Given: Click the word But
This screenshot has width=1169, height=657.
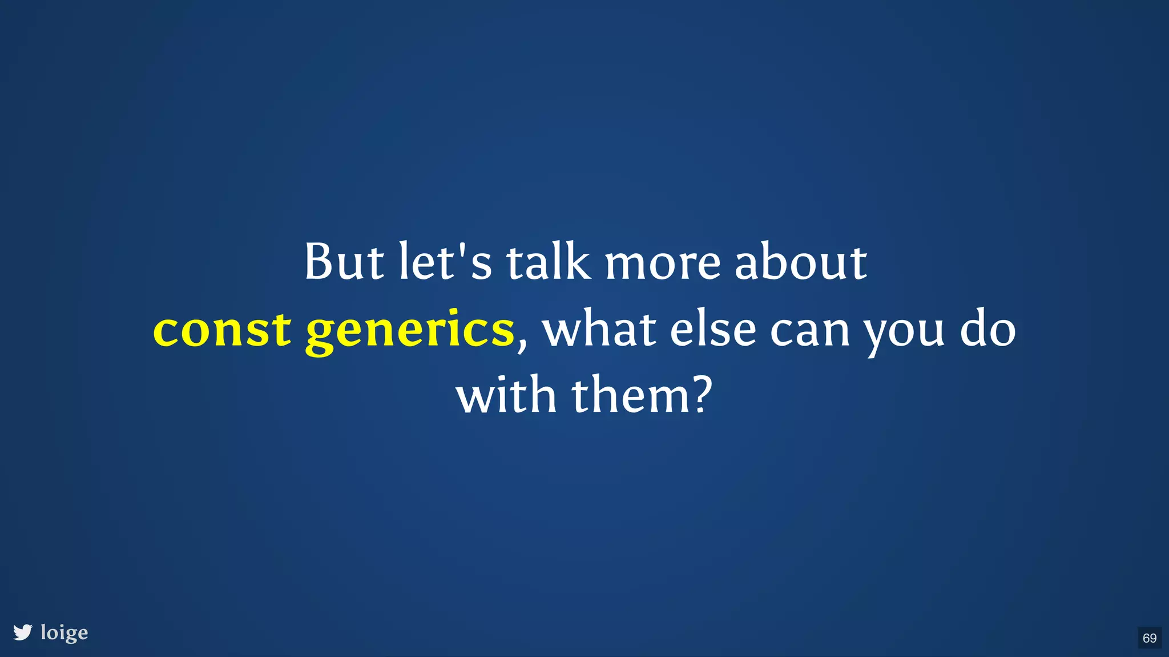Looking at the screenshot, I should click(344, 262).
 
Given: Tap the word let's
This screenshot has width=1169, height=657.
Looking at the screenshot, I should click(445, 262).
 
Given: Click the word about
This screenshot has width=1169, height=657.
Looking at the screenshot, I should click(800, 262).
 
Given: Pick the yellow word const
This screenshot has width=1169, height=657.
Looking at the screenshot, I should click(222, 330).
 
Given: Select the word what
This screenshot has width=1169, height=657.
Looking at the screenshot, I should click(599, 329).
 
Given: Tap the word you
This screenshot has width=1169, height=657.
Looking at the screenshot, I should click(904, 334).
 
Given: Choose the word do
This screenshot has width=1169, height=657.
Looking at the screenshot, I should click(987, 329).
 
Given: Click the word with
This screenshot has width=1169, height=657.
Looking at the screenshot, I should click(506, 395).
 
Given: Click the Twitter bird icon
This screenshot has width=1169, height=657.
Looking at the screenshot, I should click(23, 632).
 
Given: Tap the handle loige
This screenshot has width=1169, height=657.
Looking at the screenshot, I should click(65, 633).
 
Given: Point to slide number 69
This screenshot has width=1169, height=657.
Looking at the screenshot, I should click(1150, 638).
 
